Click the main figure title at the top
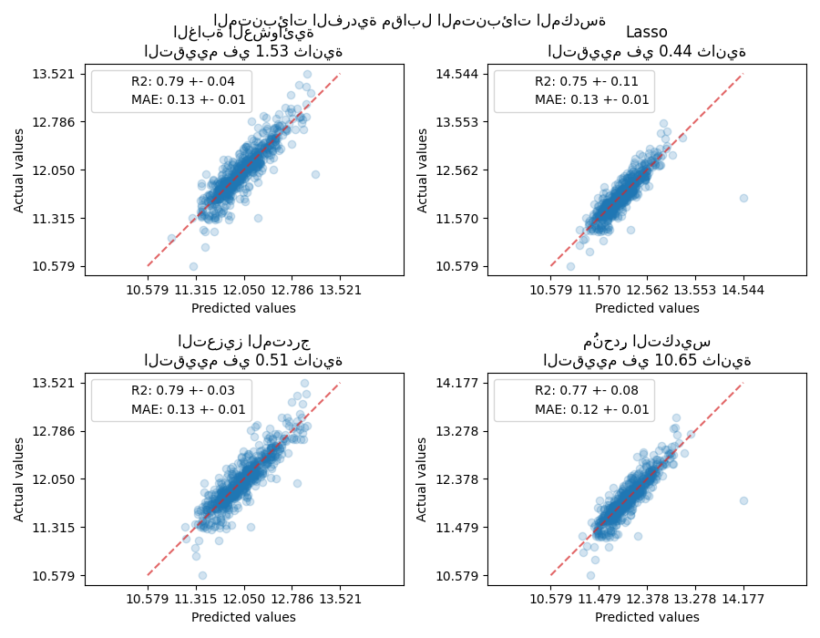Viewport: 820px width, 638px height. coord(409,20)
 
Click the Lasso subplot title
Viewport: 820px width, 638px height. coord(646,33)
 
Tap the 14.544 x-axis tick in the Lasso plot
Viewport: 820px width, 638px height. coord(743,290)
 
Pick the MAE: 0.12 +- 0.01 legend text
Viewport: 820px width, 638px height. coord(591,409)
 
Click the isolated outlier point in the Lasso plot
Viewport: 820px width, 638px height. coord(743,198)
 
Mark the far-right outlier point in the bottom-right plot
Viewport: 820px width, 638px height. coord(743,500)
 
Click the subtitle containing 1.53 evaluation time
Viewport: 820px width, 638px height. coord(243,52)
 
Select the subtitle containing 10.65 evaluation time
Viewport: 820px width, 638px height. coord(647,361)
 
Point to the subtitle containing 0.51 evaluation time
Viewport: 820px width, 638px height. coord(243,361)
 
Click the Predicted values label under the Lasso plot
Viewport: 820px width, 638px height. coord(647,308)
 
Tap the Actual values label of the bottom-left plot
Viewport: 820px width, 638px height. coord(19,479)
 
